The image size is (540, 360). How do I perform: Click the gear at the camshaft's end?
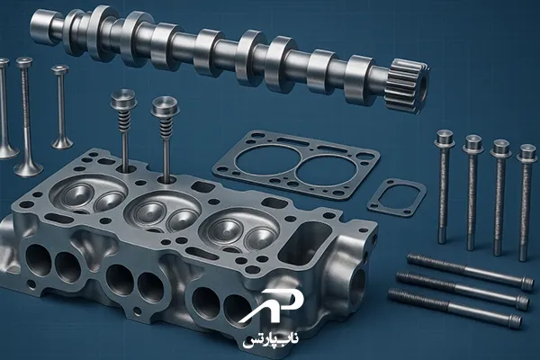pos(408,86)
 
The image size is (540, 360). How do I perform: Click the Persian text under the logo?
pos(271,339)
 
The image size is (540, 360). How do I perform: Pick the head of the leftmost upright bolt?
pos(445,138)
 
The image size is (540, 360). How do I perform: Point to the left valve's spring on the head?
pos(124,119)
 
